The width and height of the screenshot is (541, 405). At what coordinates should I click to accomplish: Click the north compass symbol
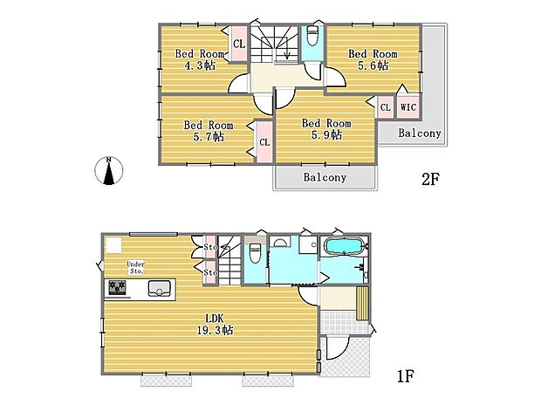107,171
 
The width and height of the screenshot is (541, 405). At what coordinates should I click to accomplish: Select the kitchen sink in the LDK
158,289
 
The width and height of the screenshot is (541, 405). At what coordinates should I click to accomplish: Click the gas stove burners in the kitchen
116,288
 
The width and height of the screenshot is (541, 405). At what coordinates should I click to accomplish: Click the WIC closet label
407,107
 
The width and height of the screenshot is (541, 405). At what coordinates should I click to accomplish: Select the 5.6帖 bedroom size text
373,65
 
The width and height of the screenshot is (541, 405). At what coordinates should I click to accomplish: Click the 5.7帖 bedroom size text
208,136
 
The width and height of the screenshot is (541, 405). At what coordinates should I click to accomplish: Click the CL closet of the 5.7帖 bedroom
263,142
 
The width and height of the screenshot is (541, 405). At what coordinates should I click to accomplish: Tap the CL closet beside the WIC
384,107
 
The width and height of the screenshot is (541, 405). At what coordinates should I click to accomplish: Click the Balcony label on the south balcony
325,177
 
